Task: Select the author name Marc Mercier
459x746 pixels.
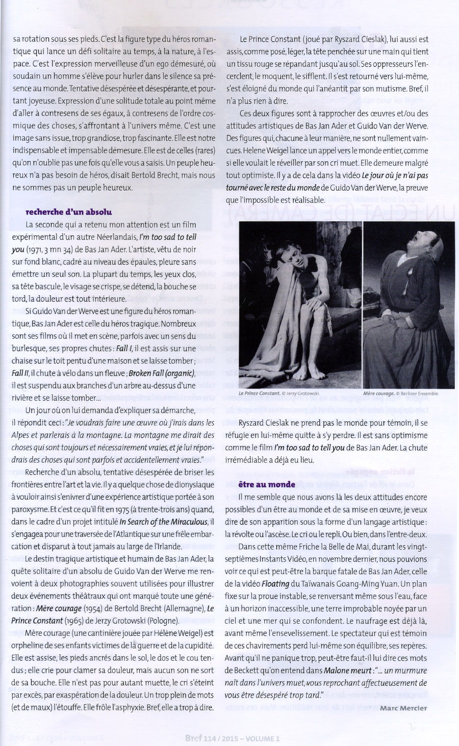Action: click(403, 707)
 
